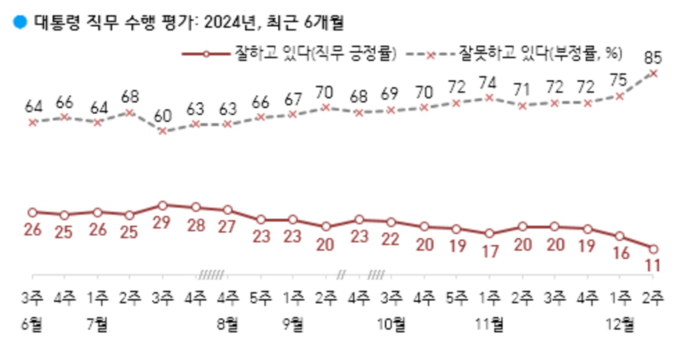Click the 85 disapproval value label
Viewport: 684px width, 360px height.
click(x=653, y=56)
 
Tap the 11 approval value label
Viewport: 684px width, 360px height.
click(x=653, y=265)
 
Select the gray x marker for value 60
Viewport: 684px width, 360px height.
click(x=162, y=131)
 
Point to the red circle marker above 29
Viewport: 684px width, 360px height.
click(x=162, y=205)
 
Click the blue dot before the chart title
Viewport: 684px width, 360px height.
click(x=20, y=22)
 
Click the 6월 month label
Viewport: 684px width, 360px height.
click(x=33, y=324)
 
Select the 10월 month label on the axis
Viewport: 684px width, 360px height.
click(x=392, y=324)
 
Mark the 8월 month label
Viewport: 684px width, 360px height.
click(x=228, y=324)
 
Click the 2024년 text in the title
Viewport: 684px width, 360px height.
click(x=221, y=22)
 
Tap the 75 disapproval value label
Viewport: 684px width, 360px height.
click(x=620, y=80)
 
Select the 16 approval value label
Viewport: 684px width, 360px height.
click(x=620, y=253)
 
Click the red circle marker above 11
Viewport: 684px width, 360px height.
click(x=653, y=248)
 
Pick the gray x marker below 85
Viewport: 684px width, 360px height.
click(x=653, y=73)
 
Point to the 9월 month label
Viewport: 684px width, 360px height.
click(x=293, y=324)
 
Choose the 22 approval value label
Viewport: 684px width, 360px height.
click(x=391, y=239)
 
